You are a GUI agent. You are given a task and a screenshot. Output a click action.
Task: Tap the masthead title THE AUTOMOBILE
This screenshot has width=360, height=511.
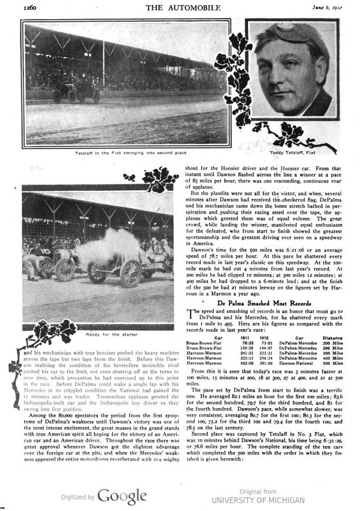coord(175,7)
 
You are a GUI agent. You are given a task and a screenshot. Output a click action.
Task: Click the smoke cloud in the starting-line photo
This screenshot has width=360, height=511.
coord(111,246)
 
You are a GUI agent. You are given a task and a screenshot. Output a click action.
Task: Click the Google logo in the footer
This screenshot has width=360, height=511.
coord(121,496)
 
